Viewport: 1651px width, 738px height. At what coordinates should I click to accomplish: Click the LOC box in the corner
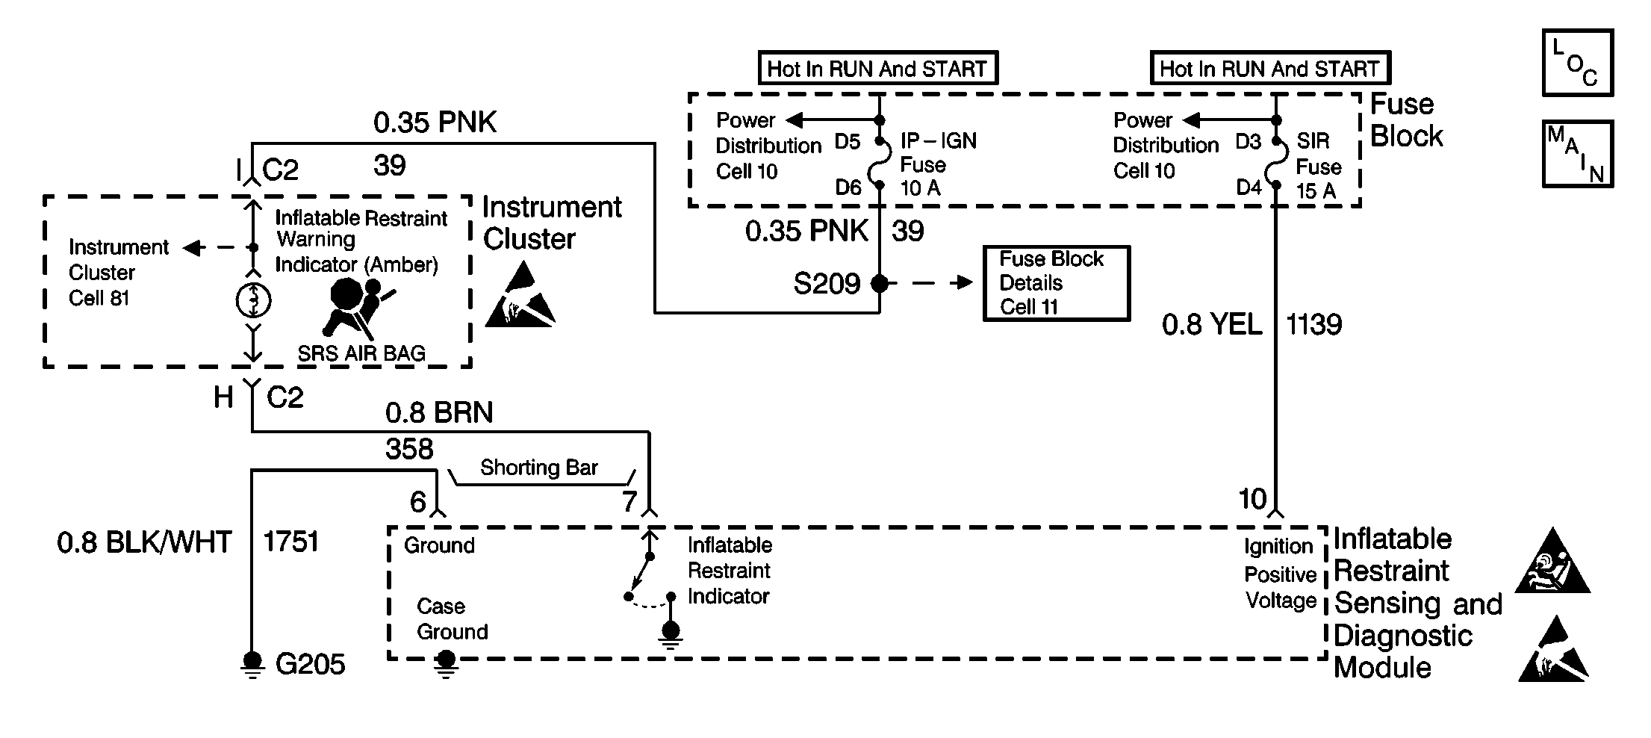click(x=1577, y=63)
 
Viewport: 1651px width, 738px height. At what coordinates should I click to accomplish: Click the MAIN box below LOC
click(x=1577, y=154)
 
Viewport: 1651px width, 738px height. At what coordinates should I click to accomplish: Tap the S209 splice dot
click(x=880, y=283)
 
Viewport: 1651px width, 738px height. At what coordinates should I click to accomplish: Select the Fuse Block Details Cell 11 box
click(x=1056, y=283)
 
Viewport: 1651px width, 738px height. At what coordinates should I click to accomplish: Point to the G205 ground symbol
click(x=252, y=663)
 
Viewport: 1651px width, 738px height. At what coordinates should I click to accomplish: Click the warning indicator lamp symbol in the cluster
click(x=253, y=300)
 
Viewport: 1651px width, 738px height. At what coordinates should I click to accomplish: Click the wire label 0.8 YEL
click(x=1211, y=324)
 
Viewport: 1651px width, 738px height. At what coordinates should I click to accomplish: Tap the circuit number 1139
click(x=1313, y=324)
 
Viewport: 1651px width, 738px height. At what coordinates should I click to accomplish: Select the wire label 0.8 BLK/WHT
click(x=144, y=542)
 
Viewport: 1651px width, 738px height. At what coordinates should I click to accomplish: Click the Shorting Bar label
click(x=538, y=468)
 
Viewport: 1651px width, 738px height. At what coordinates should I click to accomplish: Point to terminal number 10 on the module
click(x=1252, y=499)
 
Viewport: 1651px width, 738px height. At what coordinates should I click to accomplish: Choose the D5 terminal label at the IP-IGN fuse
click(x=848, y=141)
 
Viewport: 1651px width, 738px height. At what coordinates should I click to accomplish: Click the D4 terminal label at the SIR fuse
click(x=1249, y=187)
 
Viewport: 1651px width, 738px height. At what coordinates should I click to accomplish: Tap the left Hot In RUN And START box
click(x=877, y=69)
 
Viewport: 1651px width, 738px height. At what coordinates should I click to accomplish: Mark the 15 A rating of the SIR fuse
click(x=1316, y=191)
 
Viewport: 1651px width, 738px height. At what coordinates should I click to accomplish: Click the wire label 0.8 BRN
click(x=439, y=412)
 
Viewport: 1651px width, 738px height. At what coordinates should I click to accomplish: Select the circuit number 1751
click(x=290, y=542)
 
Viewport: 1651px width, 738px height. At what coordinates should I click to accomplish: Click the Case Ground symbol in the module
click(x=446, y=663)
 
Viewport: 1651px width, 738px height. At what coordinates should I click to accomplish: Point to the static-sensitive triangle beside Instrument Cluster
click(x=520, y=297)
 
